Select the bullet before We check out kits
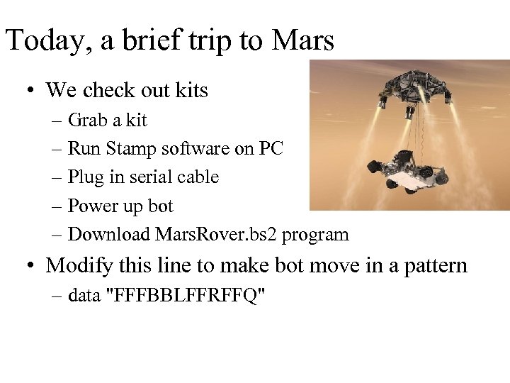[30, 91]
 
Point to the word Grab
[86, 120]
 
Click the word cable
[198, 177]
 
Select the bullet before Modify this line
[30, 267]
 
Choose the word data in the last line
[84, 295]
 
